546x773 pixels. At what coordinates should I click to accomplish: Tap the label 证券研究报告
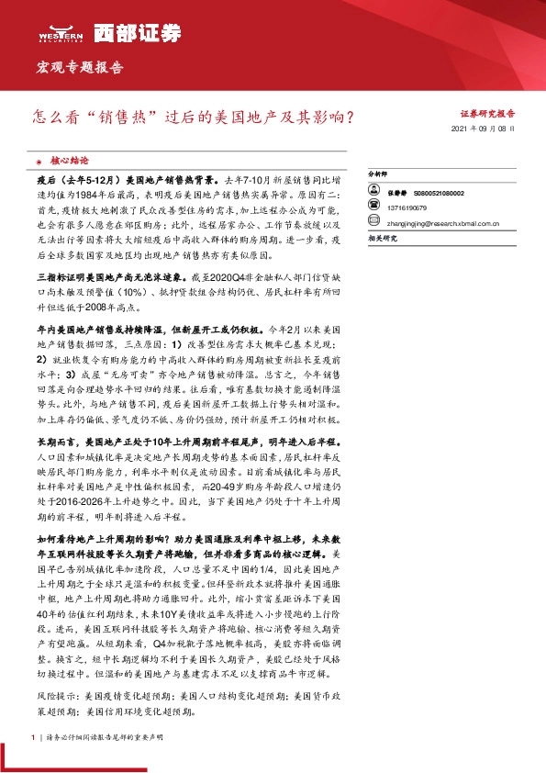[x=487, y=115]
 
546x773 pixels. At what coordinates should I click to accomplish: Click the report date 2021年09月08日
[x=484, y=130]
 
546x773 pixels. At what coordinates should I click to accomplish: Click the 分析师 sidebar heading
[x=378, y=173]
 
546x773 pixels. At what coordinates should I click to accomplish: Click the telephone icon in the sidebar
[x=373, y=208]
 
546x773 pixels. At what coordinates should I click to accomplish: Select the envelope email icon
[x=373, y=222]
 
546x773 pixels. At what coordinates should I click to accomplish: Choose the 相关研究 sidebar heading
[x=382, y=238]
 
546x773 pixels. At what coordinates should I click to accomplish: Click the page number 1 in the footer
[x=33, y=736]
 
